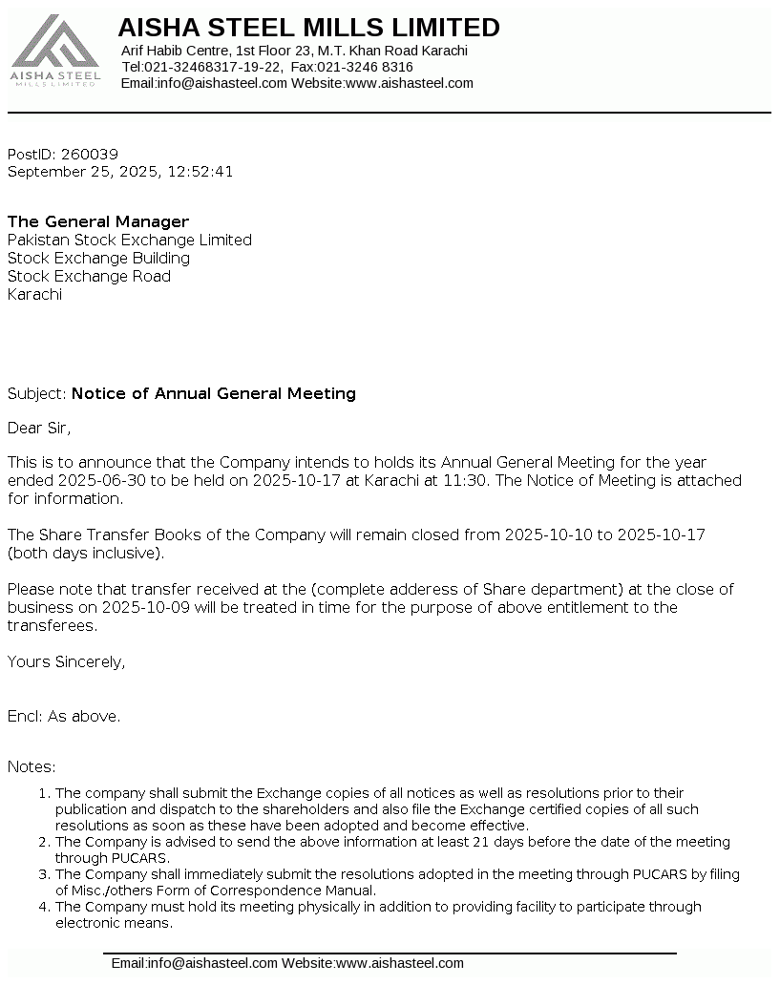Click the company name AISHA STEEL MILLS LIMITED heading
tap(308, 28)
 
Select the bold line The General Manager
tap(98, 222)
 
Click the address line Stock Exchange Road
tap(89, 277)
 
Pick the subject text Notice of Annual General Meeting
tap(214, 393)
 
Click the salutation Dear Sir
tap(39, 428)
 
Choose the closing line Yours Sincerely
tap(67, 661)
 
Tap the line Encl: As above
tap(64, 716)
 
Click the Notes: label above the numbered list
tap(32, 766)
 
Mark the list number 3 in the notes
tap(43, 874)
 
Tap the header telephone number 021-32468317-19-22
tap(213, 67)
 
